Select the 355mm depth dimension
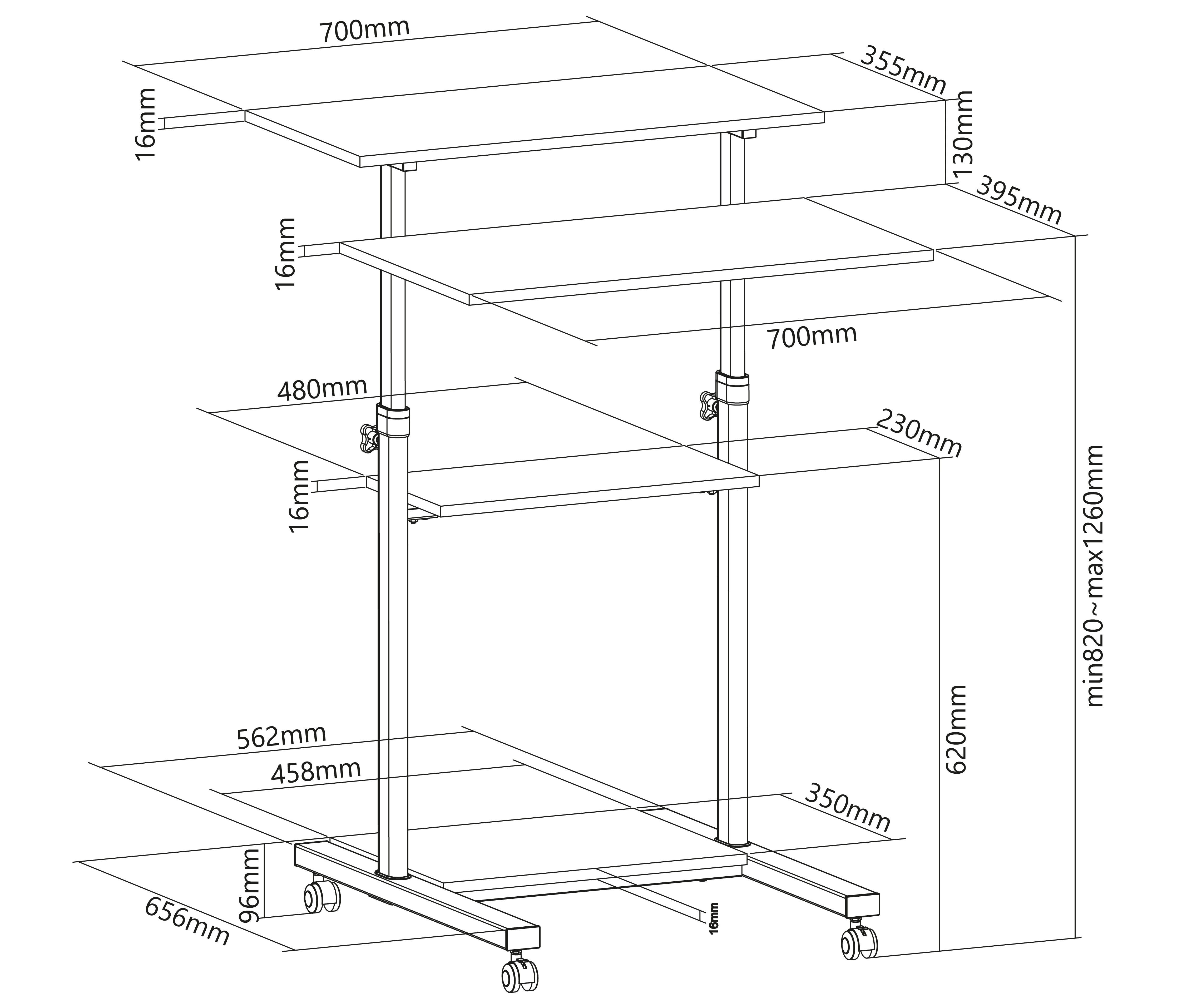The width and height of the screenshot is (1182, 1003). pyautogui.click(x=903, y=71)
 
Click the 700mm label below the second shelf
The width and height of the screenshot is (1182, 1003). pyautogui.click(x=812, y=337)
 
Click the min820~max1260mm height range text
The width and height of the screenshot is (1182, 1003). pyautogui.click(x=1094, y=575)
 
